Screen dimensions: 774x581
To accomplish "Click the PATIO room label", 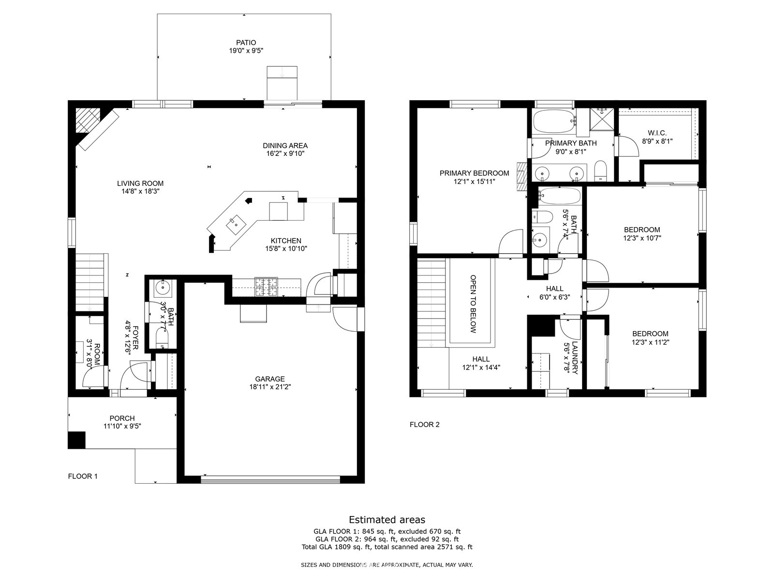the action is coord(246,43).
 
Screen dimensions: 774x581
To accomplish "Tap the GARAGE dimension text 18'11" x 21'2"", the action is coord(270,387).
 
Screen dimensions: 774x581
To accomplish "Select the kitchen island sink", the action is coord(236,225).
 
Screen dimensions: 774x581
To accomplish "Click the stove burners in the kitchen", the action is coord(266,287).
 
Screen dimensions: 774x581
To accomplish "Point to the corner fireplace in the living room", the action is coord(88,120).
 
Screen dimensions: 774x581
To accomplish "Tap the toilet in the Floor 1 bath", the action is coord(162,337).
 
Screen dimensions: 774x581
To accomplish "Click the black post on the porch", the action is coord(76,440).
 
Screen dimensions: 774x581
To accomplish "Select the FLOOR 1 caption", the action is coord(83,476).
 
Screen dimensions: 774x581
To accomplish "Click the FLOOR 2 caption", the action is coord(425,425).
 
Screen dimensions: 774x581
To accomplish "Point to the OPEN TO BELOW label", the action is coord(473,304).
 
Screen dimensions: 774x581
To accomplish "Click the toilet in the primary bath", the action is coord(600,171).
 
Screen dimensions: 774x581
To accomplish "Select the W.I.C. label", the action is coord(657,133).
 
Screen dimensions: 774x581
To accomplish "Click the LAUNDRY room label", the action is coord(575,358).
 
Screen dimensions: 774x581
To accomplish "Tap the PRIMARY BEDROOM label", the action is coord(474,173).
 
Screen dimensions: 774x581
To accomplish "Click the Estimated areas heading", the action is coord(387,520).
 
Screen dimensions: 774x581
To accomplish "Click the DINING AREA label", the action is coord(285,146).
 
